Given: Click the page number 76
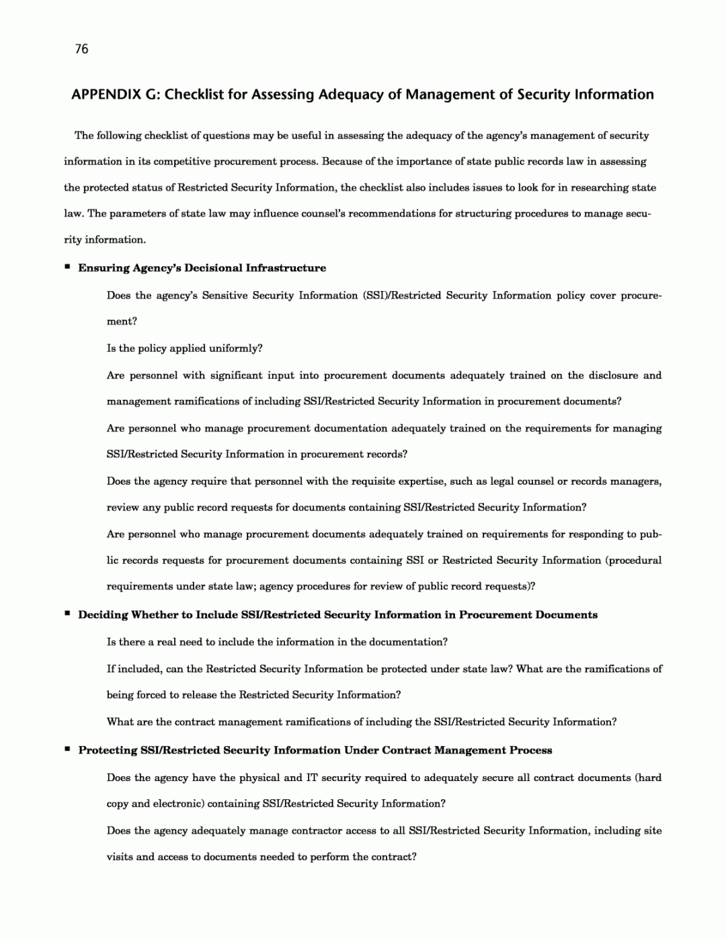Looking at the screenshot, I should pyautogui.click(x=82, y=48).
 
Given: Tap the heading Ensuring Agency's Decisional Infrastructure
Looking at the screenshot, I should pyautogui.click(x=202, y=268).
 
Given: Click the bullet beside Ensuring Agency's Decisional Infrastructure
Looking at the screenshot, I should pyautogui.click(x=67, y=267).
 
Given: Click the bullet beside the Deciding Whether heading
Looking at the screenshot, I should pyautogui.click(x=67, y=614).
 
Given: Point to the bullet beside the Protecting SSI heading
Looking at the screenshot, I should pyautogui.click(x=67, y=749).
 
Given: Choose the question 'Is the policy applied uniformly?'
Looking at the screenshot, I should pyautogui.click(x=184, y=348).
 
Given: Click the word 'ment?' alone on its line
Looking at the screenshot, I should pyautogui.click(x=122, y=321).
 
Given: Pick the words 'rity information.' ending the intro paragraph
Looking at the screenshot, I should pyautogui.click(x=104, y=240).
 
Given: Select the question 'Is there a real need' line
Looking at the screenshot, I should pyautogui.click(x=277, y=642).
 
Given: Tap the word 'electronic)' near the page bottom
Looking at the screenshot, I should pyautogui.click(x=179, y=804).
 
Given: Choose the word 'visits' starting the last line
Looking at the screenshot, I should pyautogui.click(x=120, y=857).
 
